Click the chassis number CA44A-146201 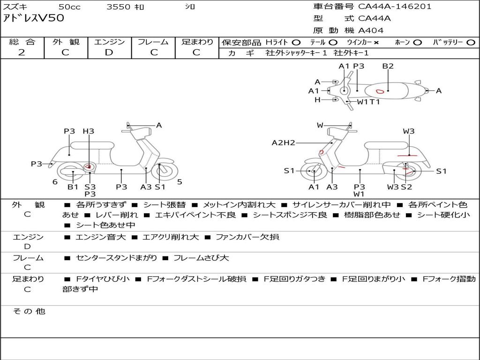395,7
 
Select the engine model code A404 371,30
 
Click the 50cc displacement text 69,7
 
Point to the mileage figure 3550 119,7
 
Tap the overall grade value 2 22,52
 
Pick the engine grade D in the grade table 109,52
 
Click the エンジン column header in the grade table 109,42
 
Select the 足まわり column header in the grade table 197,42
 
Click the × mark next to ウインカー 376,42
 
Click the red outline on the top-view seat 380,90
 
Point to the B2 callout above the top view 388,66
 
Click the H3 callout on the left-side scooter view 88,131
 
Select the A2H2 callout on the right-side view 283,143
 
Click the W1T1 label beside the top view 368,101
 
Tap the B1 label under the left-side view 73,187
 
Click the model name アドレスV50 33,18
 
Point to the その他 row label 29,311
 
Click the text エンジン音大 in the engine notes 100,237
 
